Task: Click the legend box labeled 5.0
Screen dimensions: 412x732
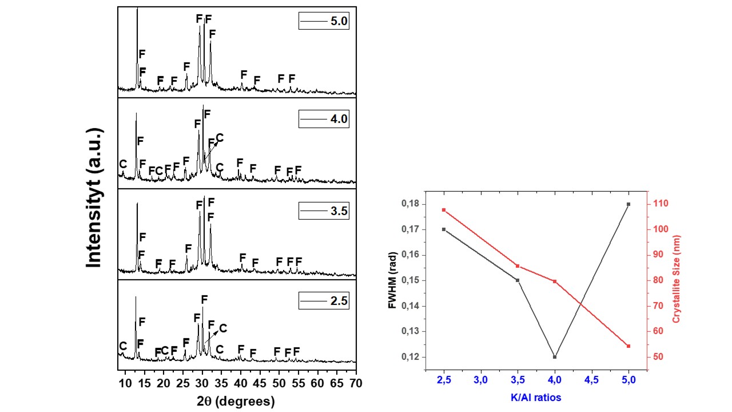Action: (324, 21)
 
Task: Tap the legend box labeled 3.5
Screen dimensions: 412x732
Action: (324, 211)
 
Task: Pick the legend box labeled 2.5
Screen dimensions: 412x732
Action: (324, 301)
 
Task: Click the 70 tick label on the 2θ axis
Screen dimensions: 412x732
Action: (356, 382)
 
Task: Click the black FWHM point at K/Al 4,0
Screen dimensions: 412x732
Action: (555, 356)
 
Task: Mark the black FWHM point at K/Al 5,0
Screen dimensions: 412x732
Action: (628, 204)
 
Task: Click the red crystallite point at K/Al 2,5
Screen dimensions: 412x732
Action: (444, 210)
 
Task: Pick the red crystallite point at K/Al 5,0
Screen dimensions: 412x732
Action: (628, 346)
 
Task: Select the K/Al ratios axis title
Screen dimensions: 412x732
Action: (536, 397)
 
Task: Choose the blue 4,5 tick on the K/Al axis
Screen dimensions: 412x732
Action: (591, 380)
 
